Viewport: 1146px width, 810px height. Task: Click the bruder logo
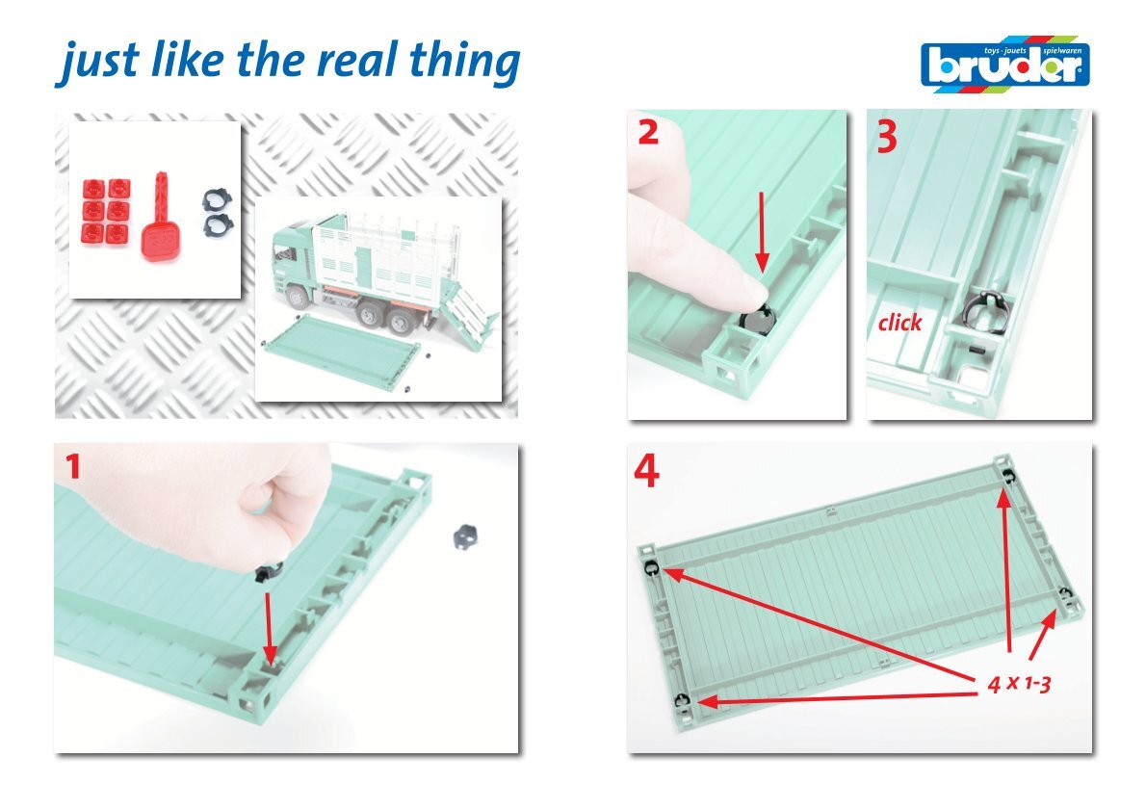[x=1005, y=65]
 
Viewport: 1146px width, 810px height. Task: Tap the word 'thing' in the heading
[x=465, y=64]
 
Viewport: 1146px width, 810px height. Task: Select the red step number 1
[x=72, y=466]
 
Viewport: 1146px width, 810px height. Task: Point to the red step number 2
[x=648, y=132]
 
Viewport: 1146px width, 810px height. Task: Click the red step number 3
[x=887, y=137]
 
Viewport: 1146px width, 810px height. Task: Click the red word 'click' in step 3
[x=899, y=323]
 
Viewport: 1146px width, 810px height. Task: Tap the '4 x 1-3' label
[x=1019, y=684]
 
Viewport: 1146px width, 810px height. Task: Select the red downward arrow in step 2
[x=762, y=232]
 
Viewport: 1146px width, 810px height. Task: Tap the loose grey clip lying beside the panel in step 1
[x=465, y=536]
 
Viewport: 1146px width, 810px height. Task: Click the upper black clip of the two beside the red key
[x=217, y=199]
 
